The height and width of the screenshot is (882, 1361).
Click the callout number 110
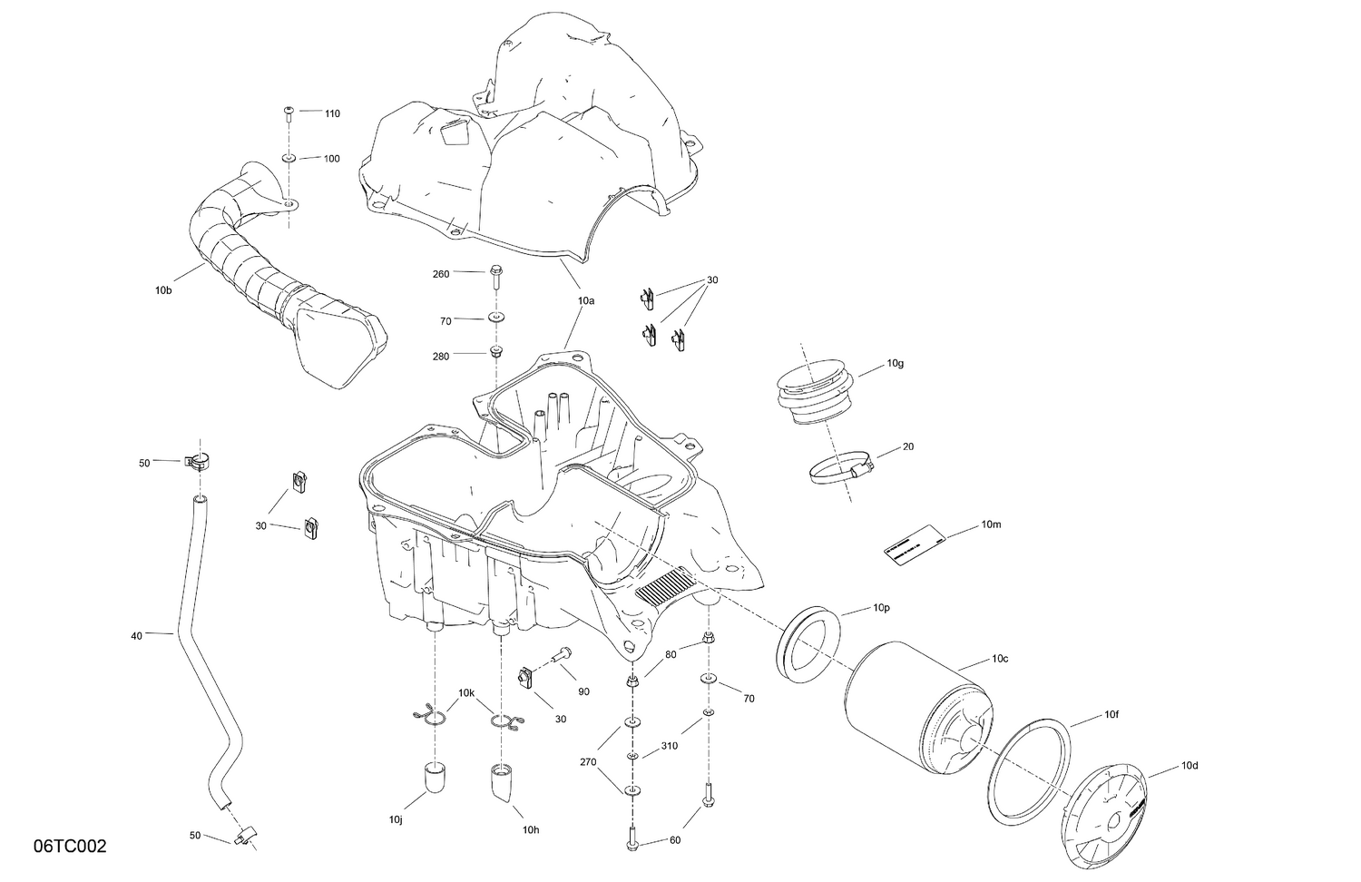(332, 113)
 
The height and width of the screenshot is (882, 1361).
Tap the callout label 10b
(162, 290)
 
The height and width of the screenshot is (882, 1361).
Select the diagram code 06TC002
(70, 847)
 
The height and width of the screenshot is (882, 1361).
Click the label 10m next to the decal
(991, 525)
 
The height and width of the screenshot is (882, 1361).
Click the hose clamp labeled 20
(840, 468)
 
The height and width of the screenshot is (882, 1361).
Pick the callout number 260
(441, 273)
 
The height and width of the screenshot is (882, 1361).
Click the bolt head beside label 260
(495, 271)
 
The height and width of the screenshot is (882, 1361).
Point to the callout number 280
(441, 357)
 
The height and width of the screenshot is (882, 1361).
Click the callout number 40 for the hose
(136, 636)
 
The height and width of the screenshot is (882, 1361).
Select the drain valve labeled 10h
(504, 782)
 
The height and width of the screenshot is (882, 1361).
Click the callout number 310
(669, 747)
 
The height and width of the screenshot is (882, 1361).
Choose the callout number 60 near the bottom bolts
(674, 840)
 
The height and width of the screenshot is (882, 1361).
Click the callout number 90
(583, 691)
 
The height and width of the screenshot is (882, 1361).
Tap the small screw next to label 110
(289, 113)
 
